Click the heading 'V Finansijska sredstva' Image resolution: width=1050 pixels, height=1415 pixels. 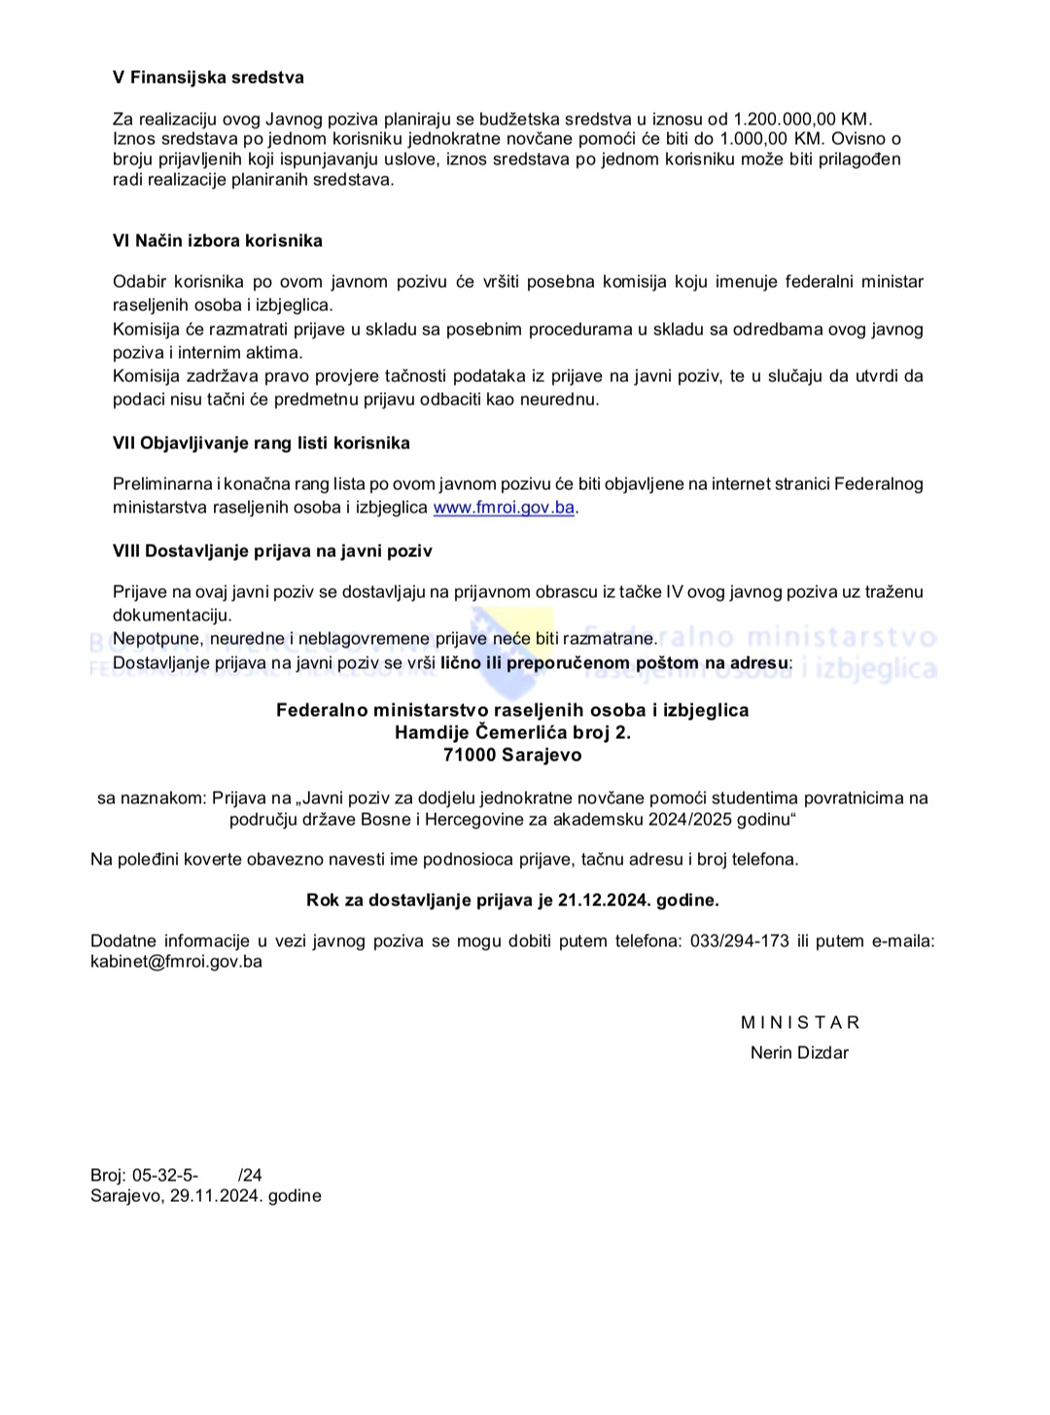pyautogui.click(x=208, y=78)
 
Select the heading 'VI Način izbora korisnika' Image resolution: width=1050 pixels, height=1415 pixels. pyautogui.click(x=218, y=240)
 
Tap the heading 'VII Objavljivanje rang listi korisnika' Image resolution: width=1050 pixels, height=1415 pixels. pyautogui.click(x=262, y=443)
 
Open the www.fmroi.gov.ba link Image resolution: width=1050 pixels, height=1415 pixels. pyautogui.click(x=504, y=508)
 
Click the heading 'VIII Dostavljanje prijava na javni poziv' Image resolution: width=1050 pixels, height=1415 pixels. pyautogui.click(x=272, y=551)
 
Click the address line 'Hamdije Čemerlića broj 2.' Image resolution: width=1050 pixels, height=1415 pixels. pyautogui.click(x=512, y=731)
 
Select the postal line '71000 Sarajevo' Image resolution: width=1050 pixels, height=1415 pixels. pyautogui.click(x=512, y=754)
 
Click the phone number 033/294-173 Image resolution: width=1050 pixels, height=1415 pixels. pyautogui.click(x=739, y=941)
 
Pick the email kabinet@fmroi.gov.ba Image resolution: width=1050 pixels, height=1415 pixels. pyautogui.click(x=176, y=962)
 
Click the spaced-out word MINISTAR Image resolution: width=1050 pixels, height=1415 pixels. pyautogui.click(x=800, y=1022)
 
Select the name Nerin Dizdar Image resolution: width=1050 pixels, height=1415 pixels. pyautogui.click(x=799, y=1052)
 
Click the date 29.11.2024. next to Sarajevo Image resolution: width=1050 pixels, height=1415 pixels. pyautogui.click(x=216, y=1196)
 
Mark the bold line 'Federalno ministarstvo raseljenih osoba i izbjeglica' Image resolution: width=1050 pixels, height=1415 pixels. pyautogui.click(x=512, y=710)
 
